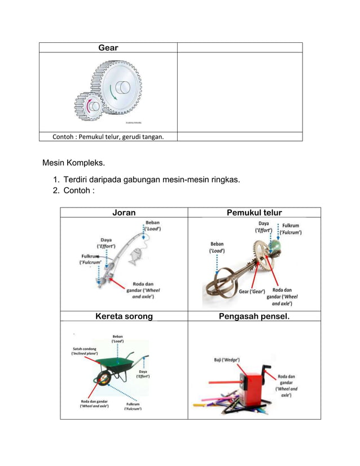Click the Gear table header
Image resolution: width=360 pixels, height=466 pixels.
pyautogui.click(x=108, y=48)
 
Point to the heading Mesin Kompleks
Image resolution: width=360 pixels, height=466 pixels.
pyautogui.click(x=73, y=164)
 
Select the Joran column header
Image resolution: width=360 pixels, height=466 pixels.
pyautogui.click(x=124, y=213)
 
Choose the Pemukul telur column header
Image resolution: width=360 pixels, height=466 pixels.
pyautogui.click(x=254, y=213)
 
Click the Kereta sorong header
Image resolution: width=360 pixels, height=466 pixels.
pyautogui.click(x=124, y=316)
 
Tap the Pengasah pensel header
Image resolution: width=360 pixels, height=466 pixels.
pyautogui.click(x=254, y=316)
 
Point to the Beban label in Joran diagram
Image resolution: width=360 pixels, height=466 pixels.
pyautogui.click(x=152, y=226)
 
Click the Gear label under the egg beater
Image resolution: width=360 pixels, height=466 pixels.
pyautogui.click(x=252, y=291)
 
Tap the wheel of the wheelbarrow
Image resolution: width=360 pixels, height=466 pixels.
pyautogui.click(x=104, y=379)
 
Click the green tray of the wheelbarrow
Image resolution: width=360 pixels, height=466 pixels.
pyautogui.click(x=116, y=366)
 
